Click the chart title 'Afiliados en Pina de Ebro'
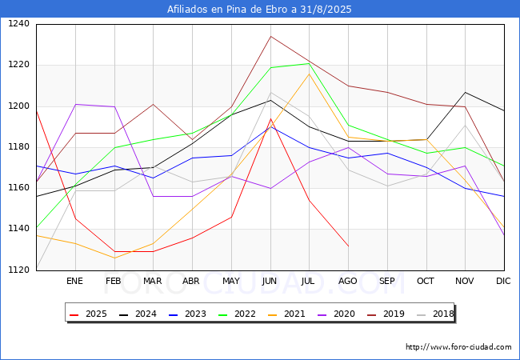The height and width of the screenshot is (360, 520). (x=259, y=10)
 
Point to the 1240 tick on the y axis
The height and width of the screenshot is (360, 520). (x=19, y=24)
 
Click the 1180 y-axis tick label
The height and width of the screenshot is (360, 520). (x=19, y=147)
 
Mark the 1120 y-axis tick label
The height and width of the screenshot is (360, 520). (x=19, y=270)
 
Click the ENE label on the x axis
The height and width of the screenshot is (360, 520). (x=74, y=282)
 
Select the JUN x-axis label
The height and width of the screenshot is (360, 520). (x=270, y=282)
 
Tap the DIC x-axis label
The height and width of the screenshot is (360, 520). (x=503, y=282)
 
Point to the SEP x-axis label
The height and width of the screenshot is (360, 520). (x=386, y=282)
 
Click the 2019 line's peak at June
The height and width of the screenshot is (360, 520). (x=270, y=36)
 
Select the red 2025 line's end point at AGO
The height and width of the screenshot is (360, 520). (x=348, y=246)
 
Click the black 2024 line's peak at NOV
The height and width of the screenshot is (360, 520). (x=465, y=92)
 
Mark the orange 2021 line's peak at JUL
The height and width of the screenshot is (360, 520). (x=309, y=74)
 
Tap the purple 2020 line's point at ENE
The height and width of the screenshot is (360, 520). (x=75, y=104)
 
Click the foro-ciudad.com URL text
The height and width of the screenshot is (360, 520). (x=458, y=347)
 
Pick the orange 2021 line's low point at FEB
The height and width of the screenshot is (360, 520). (x=114, y=258)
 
